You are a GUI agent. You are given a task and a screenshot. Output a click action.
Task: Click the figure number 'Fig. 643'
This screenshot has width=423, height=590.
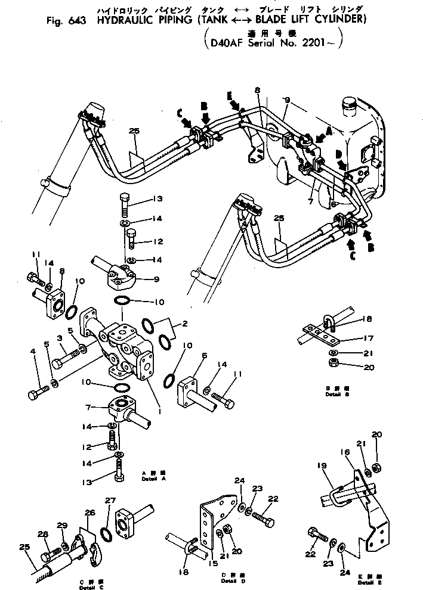tap(65, 20)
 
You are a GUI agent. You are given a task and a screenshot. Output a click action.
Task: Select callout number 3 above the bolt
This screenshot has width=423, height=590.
tap(60, 338)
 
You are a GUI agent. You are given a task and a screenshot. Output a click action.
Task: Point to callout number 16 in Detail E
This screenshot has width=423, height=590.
tap(347, 452)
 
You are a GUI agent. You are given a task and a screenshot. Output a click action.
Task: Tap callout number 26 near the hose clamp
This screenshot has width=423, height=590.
tap(89, 512)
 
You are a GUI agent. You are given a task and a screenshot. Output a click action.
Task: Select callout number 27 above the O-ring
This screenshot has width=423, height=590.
tap(110, 501)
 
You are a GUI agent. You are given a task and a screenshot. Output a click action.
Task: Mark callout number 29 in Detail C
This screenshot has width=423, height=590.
tap(62, 524)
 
